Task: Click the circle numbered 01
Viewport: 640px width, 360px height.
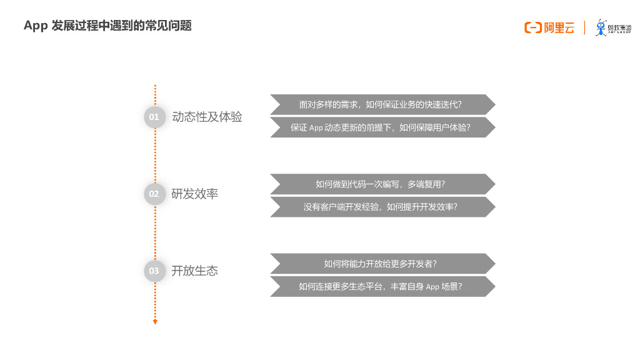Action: [154, 117]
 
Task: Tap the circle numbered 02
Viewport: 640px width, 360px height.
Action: [154, 194]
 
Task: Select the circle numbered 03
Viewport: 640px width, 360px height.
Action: [154, 271]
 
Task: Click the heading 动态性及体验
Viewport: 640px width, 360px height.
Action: [207, 117]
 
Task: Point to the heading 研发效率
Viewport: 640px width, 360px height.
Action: [195, 194]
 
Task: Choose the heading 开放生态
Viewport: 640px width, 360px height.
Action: [195, 271]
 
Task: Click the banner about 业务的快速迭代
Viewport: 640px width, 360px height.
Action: [382, 104]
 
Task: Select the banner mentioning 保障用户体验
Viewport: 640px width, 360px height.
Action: [382, 127]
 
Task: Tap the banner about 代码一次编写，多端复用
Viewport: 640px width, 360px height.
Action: [382, 184]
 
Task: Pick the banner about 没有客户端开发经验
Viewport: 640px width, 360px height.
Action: [382, 207]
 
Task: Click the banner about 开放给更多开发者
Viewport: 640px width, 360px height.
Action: [382, 263]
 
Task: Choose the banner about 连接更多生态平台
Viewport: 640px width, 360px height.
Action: [382, 286]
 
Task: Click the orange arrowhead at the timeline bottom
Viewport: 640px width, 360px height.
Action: [155, 322]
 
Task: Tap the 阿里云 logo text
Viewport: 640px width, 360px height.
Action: [559, 27]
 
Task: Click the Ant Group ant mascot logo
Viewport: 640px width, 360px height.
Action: [601, 27]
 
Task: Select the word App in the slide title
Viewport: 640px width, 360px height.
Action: [36, 26]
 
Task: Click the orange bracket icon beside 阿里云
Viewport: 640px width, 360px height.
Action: [532, 27]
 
